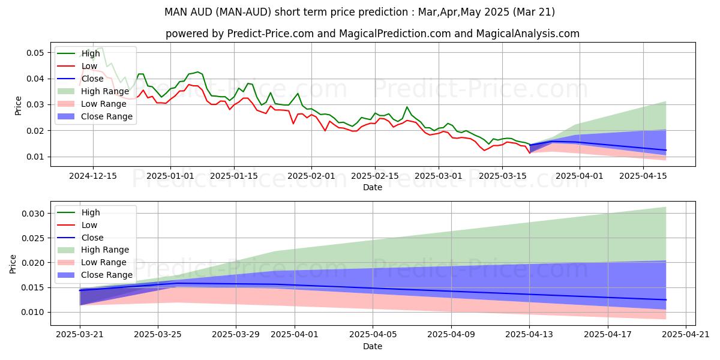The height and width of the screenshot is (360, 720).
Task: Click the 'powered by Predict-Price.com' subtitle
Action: tap(372, 34)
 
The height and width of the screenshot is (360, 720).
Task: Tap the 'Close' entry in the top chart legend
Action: tap(92, 79)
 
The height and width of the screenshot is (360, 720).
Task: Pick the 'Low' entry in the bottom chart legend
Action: tap(89, 225)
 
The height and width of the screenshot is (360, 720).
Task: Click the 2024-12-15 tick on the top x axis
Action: tap(93, 176)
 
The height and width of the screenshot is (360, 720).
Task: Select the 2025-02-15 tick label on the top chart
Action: tap(375, 176)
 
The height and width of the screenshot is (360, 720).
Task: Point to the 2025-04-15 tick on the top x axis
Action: tap(643, 176)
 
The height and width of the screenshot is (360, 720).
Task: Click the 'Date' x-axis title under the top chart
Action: tap(372, 187)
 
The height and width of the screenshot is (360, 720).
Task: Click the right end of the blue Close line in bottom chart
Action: tap(666, 299)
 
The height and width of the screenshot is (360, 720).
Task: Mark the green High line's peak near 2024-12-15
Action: tap(101, 47)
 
